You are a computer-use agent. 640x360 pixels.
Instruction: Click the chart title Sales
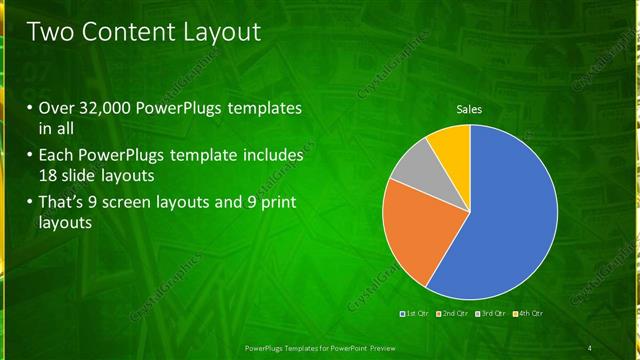tap(469, 109)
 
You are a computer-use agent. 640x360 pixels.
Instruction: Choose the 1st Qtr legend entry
tap(413, 315)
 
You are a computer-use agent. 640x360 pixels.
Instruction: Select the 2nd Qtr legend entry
tap(451, 315)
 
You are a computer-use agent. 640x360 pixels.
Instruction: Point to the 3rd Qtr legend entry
tap(489, 315)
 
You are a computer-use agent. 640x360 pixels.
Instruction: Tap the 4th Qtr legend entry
tap(527, 315)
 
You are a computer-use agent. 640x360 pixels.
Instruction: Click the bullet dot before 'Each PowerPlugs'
tap(29, 157)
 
